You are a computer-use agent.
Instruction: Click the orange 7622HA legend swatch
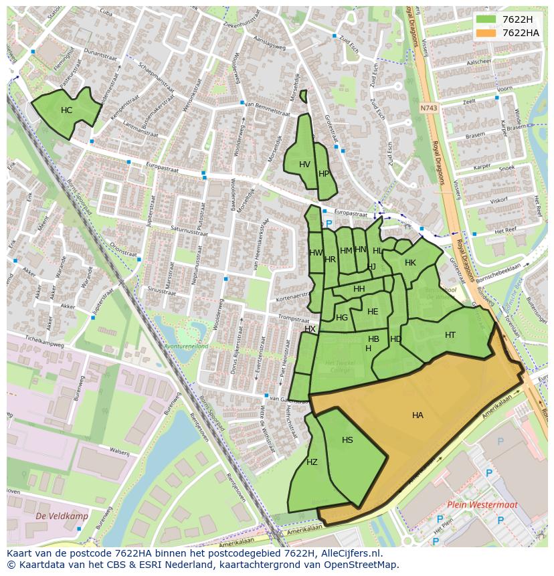tap(486, 33)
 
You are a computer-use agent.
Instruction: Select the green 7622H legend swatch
tap(486, 19)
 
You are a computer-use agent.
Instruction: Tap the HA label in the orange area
tap(418, 415)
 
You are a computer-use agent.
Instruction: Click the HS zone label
tap(347, 440)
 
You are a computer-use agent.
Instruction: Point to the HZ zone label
tap(312, 462)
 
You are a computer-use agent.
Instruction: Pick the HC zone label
tap(66, 110)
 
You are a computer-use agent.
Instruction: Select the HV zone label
tap(304, 165)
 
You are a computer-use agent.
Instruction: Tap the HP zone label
tap(324, 174)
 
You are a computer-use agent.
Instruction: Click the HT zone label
tap(450, 335)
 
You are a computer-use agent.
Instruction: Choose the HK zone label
tap(410, 263)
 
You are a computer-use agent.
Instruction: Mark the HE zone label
tap(373, 312)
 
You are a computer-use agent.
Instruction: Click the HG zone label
tap(342, 318)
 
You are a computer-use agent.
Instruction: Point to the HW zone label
tap(316, 253)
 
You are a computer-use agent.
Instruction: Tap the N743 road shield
tap(428, 107)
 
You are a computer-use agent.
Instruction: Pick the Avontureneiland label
tap(187, 346)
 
